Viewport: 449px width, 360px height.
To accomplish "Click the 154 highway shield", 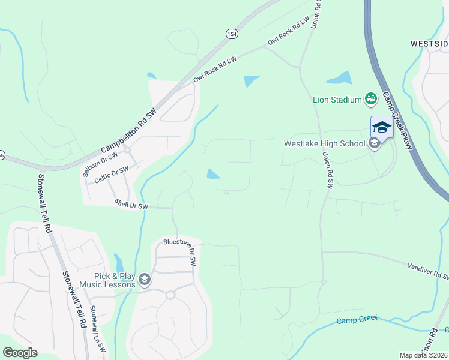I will pyautogui.click(x=232, y=34).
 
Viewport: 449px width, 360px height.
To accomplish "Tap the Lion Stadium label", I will pyautogui.click(x=337, y=100).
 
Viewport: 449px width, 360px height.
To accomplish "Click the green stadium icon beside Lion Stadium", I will pyautogui.click(x=370, y=98).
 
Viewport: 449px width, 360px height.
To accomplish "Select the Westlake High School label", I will pyautogui.click(x=324, y=143).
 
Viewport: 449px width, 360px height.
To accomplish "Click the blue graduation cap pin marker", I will pyautogui.click(x=381, y=127).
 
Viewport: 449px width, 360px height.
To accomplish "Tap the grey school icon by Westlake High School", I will pyautogui.click(x=374, y=143).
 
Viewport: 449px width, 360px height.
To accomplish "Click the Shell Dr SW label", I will pyautogui.click(x=131, y=205).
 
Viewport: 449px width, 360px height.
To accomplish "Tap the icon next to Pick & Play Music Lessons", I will pyautogui.click(x=145, y=280).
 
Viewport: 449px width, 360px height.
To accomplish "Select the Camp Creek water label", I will pyautogui.click(x=357, y=319).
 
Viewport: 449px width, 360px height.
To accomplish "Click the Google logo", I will pyautogui.click(x=20, y=353).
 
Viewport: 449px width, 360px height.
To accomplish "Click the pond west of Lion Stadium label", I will pyautogui.click(x=339, y=79).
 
